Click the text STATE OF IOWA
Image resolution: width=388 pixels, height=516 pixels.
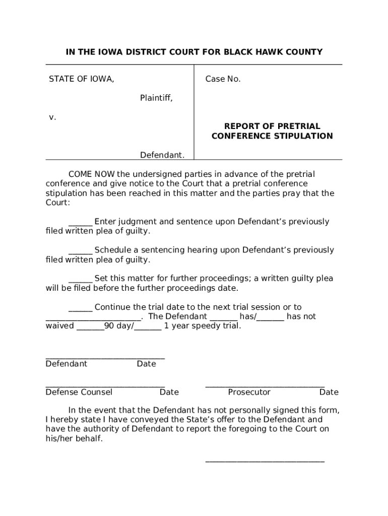click(x=81, y=79)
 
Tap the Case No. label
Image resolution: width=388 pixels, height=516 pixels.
click(x=223, y=79)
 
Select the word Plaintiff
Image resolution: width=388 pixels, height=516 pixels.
click(x=156, y=98)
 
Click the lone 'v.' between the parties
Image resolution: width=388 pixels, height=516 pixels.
click(x=52, y=117)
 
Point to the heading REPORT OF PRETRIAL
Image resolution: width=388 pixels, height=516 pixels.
click(x=272, y=126)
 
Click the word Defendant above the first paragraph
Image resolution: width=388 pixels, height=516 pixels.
click(x=162, y=155)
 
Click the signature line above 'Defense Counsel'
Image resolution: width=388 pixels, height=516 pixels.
click(x=105, y=386)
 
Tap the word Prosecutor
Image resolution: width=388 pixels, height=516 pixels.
click(x=249, y=392)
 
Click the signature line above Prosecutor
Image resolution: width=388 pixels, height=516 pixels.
click(x=265, y=386)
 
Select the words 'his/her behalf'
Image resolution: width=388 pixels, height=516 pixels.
click(x=74, y=438)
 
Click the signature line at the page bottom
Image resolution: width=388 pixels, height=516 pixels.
click(x=265, y=462)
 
